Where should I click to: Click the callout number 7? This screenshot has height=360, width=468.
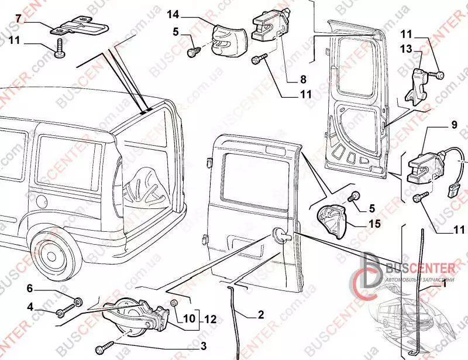pyautogui.click(x=19, y=19)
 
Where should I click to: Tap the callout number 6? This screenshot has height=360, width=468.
pyautogui.click(x=30, y=288)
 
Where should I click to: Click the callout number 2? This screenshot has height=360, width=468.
pyautogui.click(x=260, y=314)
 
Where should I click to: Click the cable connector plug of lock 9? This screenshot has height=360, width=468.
pyautogui.click(x=454, y=191)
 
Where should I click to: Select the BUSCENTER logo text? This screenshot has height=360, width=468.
pyautogui.click(x=419, y=268)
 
